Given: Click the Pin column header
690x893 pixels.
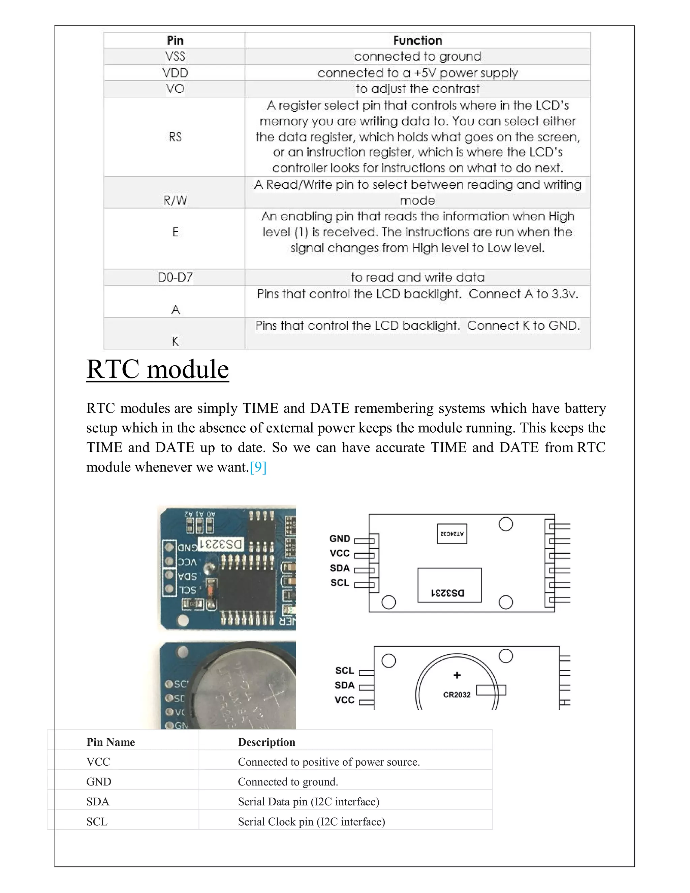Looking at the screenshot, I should (x=175, y=40).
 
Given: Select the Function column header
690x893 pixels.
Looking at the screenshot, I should (x=417, y=40).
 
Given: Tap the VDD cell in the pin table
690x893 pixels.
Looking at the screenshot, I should (x=175, y=73).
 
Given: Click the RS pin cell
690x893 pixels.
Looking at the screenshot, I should (x=175, y=137).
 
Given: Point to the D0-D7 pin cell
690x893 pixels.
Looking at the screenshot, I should (x=175, y=277).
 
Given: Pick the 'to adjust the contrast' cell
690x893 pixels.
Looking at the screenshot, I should (x=417, y=89).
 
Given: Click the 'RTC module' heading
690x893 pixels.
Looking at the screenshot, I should (x=157, y=369).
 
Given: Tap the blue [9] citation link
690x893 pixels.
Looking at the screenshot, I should (x=258, y=467).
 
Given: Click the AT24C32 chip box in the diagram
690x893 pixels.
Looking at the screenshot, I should (x=452, y=533).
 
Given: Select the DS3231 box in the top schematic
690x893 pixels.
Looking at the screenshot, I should (x=449, y=585).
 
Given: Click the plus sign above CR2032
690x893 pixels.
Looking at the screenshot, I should (x=457, y=675).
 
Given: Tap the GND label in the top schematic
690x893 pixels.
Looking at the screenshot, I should (x=340, y=538).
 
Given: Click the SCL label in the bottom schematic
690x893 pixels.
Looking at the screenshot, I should (x=344, y=671).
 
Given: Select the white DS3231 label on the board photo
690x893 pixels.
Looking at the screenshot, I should (x=221, y=544).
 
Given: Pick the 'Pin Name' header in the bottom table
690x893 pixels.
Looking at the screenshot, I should (x=111, y=742).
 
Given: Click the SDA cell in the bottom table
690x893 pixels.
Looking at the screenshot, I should (x=98, y=801).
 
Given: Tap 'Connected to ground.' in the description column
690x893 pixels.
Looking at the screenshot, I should (x=288, y=782).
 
